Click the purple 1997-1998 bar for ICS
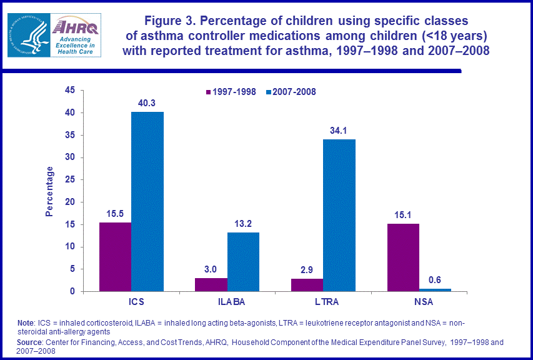click(x=116, y=257)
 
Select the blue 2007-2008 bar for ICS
click(x=147, y=201)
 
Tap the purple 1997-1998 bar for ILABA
click(x=211, y=284)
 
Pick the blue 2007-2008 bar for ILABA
click(x=243, y=262)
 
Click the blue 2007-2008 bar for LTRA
click(x=339, y=215)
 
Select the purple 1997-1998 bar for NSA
click(x=403, y=257)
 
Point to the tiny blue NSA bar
click(x=435, y=290)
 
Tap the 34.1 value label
click(x=339, y=131)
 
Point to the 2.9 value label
click(x=307, y=270)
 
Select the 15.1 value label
click(x=403, y=216)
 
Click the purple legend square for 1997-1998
click(x=209, y=92)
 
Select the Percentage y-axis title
click(x=49, y=191)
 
